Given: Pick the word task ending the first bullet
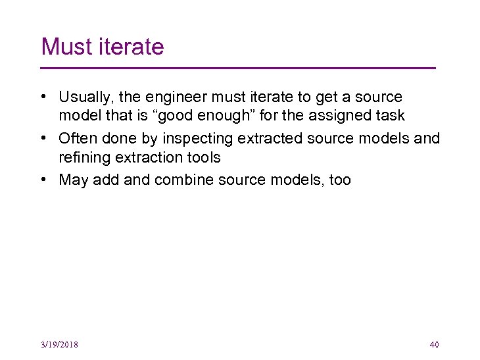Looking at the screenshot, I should (388, 116).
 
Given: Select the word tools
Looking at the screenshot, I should (202, 158).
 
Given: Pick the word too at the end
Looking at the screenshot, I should (340, 180).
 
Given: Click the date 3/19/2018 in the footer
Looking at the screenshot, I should (59, 344).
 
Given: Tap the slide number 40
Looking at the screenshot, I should (433, 344).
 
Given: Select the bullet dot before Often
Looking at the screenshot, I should (43, 138).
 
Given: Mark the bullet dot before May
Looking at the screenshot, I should (43, 180).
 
